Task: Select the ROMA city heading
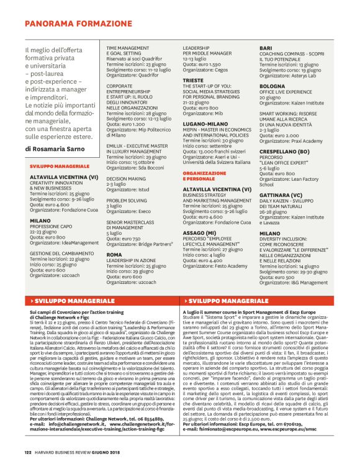(114, 254)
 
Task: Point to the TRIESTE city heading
(193, 81)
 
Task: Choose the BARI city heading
(266, 48)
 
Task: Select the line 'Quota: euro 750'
(124, 238)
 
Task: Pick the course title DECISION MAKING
(127, 178)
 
